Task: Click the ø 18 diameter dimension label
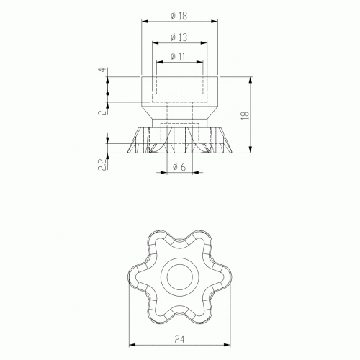coord(179,16)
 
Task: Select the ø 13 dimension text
coord(179,37)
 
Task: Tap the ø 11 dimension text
coord(179,57)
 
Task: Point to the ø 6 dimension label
coord(179,166)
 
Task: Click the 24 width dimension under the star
coord(179,340)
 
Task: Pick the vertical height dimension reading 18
coord(246,115)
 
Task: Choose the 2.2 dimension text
coord(102,165)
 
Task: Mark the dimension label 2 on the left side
coord(103,112)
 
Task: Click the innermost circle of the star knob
coord(180,265)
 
